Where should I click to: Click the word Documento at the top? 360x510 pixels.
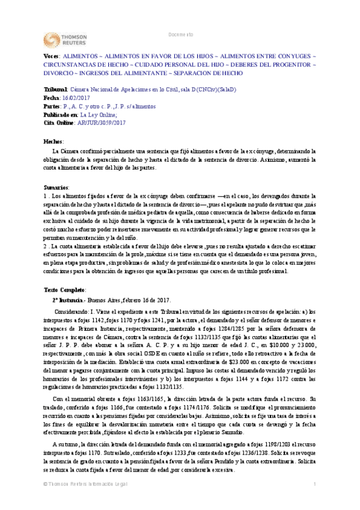(x=181, y=34)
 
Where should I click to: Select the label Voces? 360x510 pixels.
(x=52, y=55)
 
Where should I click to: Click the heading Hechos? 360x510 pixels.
(x=53, y=140)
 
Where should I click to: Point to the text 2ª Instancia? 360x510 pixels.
(x=70, y=300)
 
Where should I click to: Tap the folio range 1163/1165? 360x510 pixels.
(x=135, y=399)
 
